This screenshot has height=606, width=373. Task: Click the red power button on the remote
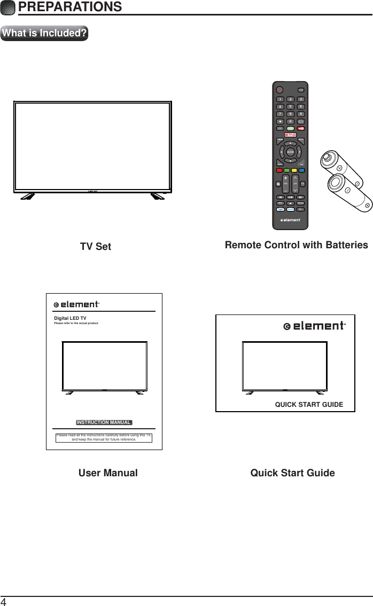(x=279, y=90)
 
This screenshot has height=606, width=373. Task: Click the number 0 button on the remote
(x=291, y=121)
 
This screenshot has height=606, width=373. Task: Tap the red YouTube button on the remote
(x=301, y=129)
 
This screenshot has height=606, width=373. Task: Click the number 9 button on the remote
(x=301, y=113)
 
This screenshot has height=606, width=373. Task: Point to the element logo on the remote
(x=290, y=219)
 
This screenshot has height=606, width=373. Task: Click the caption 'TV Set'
(x=96, y=247)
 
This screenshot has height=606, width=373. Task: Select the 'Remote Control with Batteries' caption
(x=297, y=245)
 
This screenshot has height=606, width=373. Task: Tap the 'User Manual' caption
(x=108, y=473)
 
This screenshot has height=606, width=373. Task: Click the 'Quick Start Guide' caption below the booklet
(x=293, y=473)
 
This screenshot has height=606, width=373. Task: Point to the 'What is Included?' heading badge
(x=44, y=33)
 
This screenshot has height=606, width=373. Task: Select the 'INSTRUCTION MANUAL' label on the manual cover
(x=104, y=422)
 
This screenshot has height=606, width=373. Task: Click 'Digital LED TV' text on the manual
(x=70, y=318)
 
